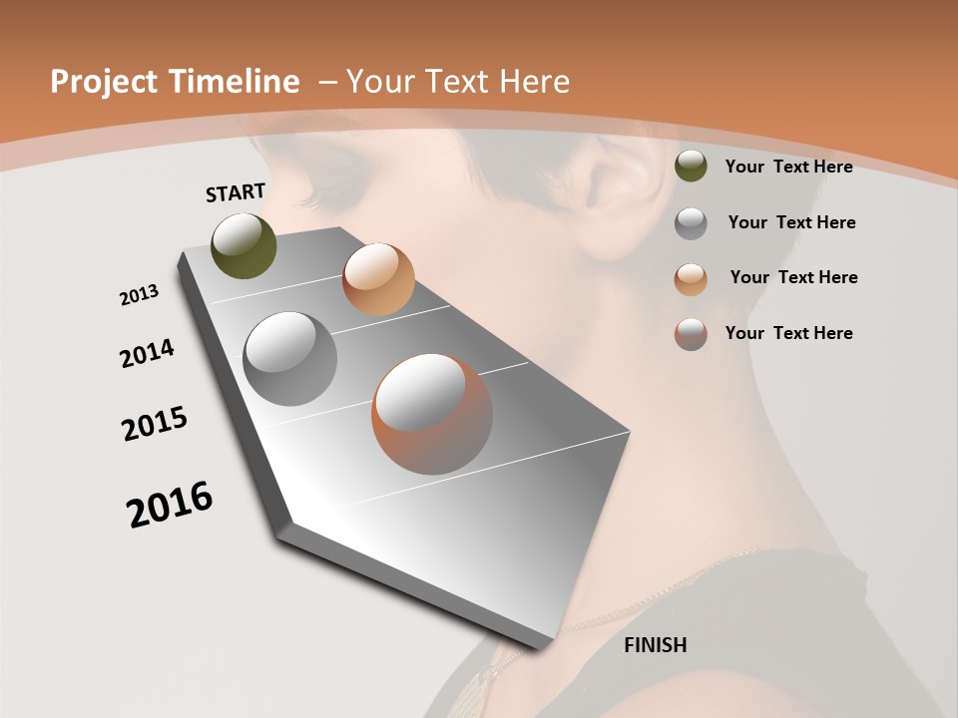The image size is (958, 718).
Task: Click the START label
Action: pyautogui.click(x=236, y=192)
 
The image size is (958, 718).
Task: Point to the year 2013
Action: pyautogui.click(x=139, y=295)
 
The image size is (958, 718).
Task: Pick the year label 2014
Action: pyautogui.click(x=147, y=353)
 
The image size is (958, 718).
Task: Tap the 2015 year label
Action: pyautogui.click(x=155, y=424)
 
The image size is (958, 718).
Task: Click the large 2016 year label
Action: pyautogui.click(x=170, y=505)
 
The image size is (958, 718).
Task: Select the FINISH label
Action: pyautogui.click(x=655, y=645)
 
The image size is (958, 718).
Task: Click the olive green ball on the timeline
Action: pyautogui.click(x=244, y=245)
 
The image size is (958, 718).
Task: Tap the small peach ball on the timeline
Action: pyautogui.click(x=378, y=279)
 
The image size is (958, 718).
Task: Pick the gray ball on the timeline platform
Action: pyautogui.click(x=290, y=359)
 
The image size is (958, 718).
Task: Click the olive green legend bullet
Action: pyautogui.click(x=691, y=167)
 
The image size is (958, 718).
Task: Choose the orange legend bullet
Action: pyautogui.click(x=691, y=278)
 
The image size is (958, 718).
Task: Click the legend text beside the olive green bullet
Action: pyautogui.click(x=788, y=167)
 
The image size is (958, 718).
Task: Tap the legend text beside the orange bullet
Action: pyautogui.click(x=793, y=277)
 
